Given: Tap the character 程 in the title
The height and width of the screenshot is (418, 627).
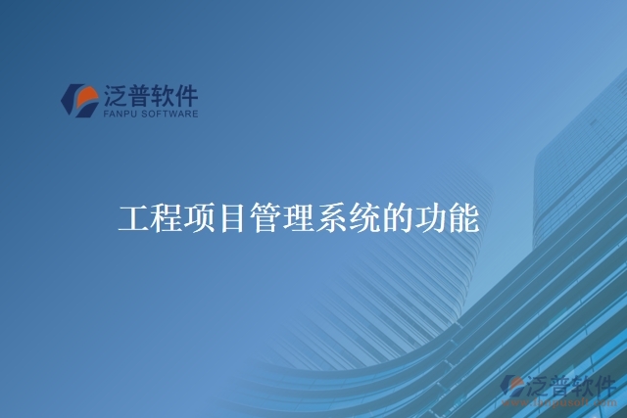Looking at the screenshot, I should [x=166, y=219].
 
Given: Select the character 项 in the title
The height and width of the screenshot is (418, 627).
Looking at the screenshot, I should [x=198, y=219].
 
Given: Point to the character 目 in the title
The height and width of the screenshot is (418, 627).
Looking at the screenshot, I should [x=231, y=219].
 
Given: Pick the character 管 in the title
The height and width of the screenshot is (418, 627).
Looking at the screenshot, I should [x=265, y=219].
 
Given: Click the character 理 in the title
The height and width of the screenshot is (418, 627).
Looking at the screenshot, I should [x=298, y=219].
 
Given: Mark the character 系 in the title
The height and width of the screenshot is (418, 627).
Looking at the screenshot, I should [x=331, y=219].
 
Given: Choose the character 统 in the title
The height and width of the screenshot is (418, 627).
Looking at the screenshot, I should [x=364, y=219].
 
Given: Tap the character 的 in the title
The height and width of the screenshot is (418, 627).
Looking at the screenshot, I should [x=397, y=219].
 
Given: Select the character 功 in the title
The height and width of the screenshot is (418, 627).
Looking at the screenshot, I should [x=430, y=219].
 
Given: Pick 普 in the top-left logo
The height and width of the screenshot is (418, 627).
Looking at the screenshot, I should [x=139, y=95].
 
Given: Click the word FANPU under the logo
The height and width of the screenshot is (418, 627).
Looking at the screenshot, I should [x=120, y=114].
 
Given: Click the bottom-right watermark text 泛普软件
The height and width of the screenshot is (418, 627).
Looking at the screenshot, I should [x=570, y=385].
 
